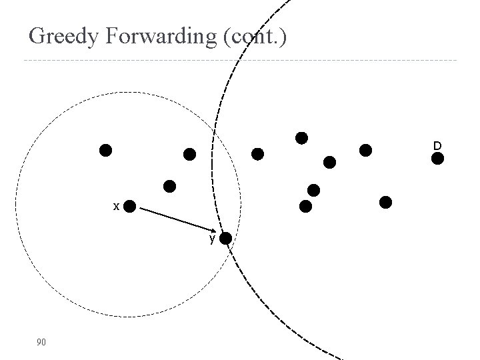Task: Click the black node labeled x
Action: pyautogui.click(x=130, y=206)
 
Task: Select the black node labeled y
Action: pyautogui.click(x=226, y=238)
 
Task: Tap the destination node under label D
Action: pyautogui.click(x=437, y=159)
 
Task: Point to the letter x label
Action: pyautogui.click(x=116, y=207)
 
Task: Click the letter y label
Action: pyautogui.click(x=212, y=238)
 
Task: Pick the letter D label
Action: pyautogui.click(x=437, y=145)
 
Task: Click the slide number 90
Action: pyautogui.click(x=41, y=342)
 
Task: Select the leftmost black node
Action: pyautogui.click(x=105, y=150)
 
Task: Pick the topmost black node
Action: pyautogui.click(x=301, y=138)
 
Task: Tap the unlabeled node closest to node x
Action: pyautogui.click(x=170, y=186)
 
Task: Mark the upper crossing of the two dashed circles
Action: pyautogui.click(x=214, y=133)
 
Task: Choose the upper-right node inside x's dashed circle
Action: pyautogui.click(x=190, y=155)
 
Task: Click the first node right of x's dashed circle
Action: pyautogui.click(x=257, y=154)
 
